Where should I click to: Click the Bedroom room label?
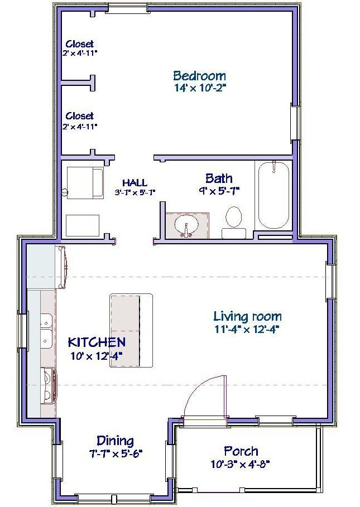pyautogui.click(x=199, y=76)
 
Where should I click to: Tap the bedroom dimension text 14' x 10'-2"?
pyautogui.click(x=200, y=88)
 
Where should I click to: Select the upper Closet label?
pyautogui.click(x=80, y=44)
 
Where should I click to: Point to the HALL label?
pyautogui.click(x=135, y=183)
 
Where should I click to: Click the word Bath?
pyautogui.click(x=219, y=178)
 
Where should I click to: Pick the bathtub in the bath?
pyautogui.click(x=273, y=195)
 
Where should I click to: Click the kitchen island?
pyautogui.click(x=131, y=330)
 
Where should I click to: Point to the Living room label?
pyautogui.click(x=247, y=316)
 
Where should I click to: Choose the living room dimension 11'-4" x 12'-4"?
pyautogui.click(x=247, y=329)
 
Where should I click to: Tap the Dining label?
pyautogui.click(x=115, y=441)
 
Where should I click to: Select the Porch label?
pyautogui.click(x=241, y=451)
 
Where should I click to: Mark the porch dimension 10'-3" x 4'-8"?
pyautogui.click(x=241, y=464)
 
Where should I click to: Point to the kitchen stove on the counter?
pyautogui.click(x=49, y=387)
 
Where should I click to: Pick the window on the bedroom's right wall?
pyautogui.click(x=295, y=122)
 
